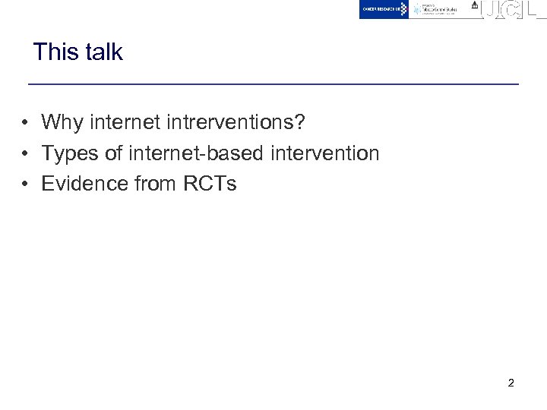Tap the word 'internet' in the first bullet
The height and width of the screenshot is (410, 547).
125,121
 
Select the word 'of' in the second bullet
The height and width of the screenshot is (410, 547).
113,153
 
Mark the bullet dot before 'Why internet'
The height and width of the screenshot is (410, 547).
26,122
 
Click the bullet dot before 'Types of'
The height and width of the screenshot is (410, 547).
26,153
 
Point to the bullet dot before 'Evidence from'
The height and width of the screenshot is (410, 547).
26,184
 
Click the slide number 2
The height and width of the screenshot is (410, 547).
511,383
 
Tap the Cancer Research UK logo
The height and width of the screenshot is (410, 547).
384,9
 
